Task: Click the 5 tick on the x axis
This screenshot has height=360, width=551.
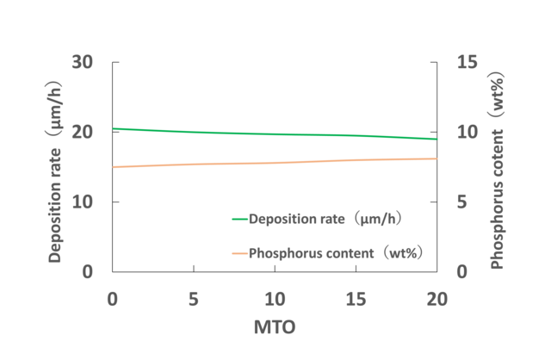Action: [194, 298]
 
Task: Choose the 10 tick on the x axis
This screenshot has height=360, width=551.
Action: [275, 298]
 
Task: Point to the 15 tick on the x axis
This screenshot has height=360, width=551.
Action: [356, 298]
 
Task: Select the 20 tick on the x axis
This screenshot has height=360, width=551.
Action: [436, 298]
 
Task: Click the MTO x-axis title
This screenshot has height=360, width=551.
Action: [275, 328]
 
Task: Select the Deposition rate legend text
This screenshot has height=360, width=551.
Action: [326, 219]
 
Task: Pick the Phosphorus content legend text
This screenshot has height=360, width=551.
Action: [338, 253]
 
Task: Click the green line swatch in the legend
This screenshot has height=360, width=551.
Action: [239, 219]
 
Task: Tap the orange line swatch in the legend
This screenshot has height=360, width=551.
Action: [239, 253]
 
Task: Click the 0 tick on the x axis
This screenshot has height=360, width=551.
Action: [113, 298]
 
